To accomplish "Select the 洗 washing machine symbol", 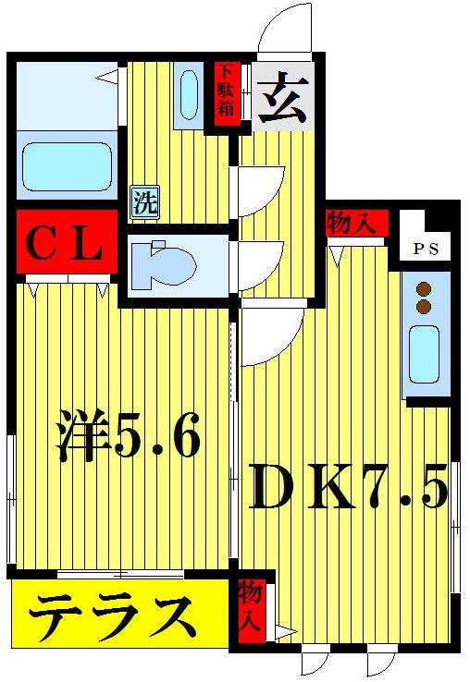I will (x=143, y=201).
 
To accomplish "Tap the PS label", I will (x=425, y=249).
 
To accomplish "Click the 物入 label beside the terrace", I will (x=250, y=606).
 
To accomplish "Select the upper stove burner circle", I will (x=425, y=288).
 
